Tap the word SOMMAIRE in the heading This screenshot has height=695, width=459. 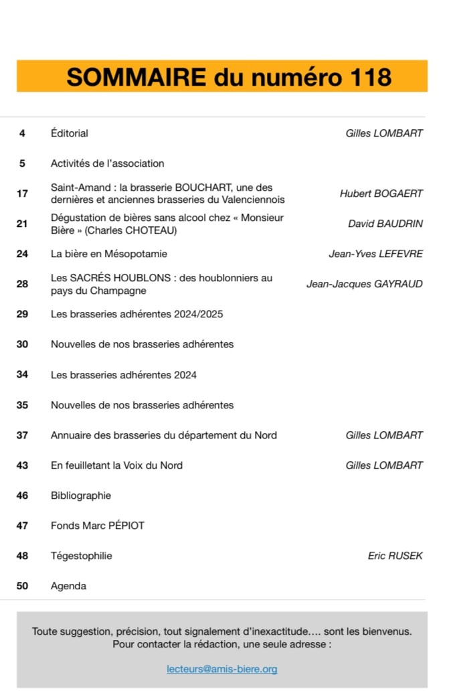coord(136,78)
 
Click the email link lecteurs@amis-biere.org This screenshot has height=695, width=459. coord(222,669)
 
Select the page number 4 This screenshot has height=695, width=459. coord(22,133)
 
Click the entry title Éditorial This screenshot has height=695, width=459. coord(70,133)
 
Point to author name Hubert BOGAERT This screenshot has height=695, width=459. coord(381,194)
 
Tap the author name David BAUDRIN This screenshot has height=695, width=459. coord(385,224)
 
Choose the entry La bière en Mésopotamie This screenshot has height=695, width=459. coord(109,254)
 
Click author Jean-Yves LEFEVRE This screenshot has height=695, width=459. coord(375,254)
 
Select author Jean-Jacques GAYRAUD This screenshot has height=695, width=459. coord(364,284)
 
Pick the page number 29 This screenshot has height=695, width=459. coord(22,314)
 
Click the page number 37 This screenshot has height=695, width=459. coord(22,435)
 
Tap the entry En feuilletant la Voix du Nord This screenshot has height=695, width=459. coord(116,465)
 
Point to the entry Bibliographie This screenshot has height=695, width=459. coord(81,495)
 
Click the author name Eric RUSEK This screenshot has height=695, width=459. coord(395,556)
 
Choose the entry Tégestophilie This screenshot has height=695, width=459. coord(82,556)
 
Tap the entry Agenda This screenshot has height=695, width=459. coord(68,586)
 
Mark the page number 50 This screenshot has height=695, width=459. coord(22,586)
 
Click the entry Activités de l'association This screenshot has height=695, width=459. coord(107,163)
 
